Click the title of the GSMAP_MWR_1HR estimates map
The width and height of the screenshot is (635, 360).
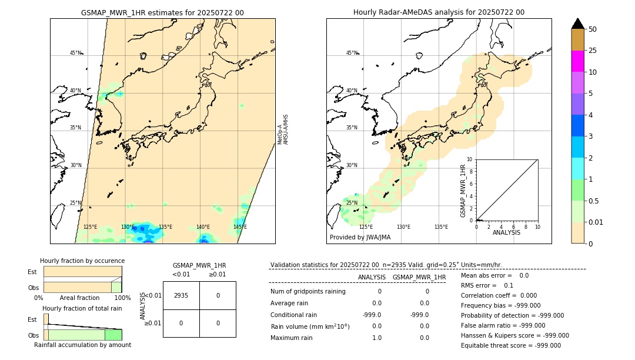(x=162, y=12)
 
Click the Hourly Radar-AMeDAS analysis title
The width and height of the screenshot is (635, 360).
(x=439, y=12)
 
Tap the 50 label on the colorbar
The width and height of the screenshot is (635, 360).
(x=593, y=29)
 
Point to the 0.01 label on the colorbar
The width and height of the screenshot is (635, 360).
(x=596, y=222)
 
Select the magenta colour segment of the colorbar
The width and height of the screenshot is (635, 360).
(x=577, y=61)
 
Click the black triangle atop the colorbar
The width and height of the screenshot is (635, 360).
(x=577, y=24)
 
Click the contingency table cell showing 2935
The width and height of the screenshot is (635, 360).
(x=181, y=296)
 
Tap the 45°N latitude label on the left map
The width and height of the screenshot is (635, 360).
(x=75, y=53)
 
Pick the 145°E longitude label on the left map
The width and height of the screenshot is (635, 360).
(x=240, y=227)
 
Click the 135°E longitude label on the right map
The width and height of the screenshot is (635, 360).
(x=441, y=227)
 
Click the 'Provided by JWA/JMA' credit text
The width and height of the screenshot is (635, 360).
(x=360, y=238)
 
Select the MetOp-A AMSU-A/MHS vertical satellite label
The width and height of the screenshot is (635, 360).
(x=283, y=129)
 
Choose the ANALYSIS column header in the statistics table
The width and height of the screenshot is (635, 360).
(x=372, y=277)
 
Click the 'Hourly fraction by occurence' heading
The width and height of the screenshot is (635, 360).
(x=82, y=261)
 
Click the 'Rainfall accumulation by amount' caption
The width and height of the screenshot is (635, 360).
(x=82, y=345)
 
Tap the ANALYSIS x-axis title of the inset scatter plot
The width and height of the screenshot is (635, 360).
(x=507, y=232)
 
